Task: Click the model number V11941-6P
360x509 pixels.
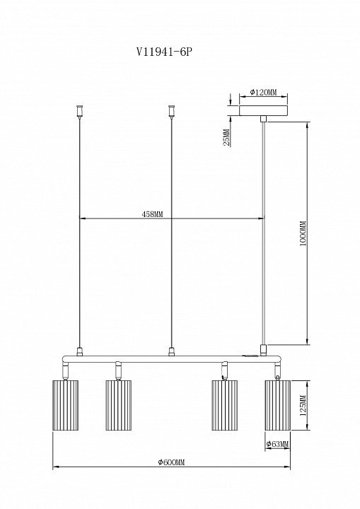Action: coord(163,52)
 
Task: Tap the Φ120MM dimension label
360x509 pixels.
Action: coord(264,92)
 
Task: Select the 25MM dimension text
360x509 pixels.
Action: coord(227,137)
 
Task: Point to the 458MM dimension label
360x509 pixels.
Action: coord(152,214)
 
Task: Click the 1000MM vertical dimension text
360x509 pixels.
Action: coord(303,234)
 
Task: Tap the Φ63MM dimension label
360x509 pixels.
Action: coord(277,444)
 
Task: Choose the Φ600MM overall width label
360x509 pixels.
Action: coord(171,462)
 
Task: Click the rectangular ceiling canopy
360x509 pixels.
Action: coord(264,110)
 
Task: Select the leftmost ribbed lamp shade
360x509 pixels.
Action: coord(65,405)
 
